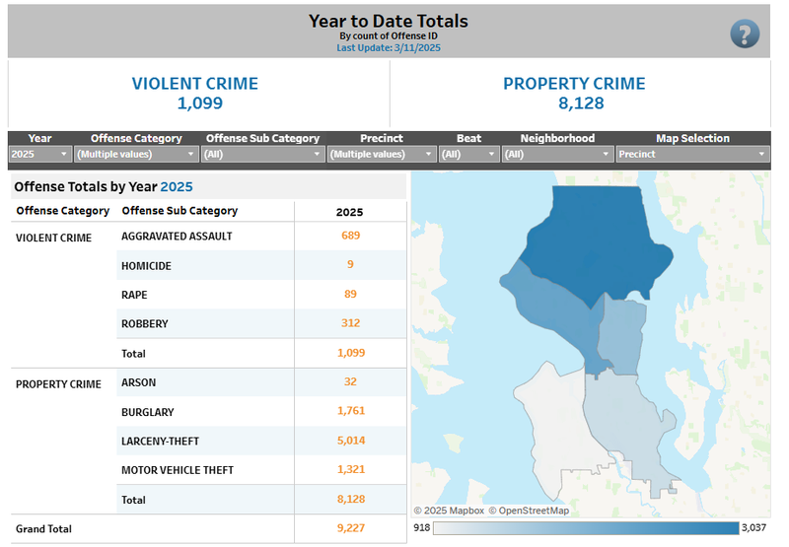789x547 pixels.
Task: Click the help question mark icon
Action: pos(745,34)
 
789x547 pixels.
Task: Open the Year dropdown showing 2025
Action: pos(39,154)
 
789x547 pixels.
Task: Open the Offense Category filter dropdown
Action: pos(136,154)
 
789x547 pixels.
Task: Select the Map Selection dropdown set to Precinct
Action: pos(692,154)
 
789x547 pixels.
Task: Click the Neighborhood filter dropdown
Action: pos(557,154)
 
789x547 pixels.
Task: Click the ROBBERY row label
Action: pos(144,324)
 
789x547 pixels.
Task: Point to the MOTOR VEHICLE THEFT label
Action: pos(178,470)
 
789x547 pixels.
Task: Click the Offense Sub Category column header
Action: pos(179,211)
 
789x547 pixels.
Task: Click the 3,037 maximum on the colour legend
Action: pos(753,528)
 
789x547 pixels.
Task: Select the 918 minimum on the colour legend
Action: pos(421,528)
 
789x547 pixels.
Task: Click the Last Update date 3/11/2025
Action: pos(408,47)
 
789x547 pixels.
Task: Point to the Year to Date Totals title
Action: pos(389,21)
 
